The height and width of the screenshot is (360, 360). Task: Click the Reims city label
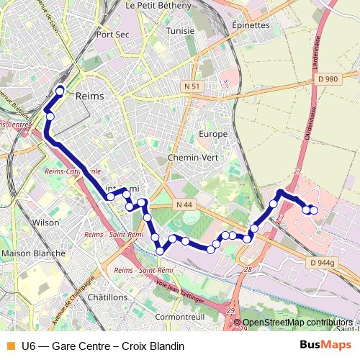tap(89, 96)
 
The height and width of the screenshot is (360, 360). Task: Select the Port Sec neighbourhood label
tap(112, 34)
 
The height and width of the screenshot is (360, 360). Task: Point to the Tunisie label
tap(180, 32)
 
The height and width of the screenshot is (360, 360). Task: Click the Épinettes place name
tap(251, 24)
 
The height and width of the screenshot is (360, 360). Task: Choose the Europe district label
tap(213, 134)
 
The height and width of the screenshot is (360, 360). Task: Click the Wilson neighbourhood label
tap(46, 223)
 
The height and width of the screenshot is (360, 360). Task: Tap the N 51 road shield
tap(192, 86)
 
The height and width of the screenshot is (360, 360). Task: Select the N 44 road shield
tap(184, 205)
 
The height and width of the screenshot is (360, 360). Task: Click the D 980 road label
tap(326, 79)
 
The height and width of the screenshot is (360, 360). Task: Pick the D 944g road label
tap(323, 264)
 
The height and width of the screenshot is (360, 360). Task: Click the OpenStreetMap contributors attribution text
tap(298, 323)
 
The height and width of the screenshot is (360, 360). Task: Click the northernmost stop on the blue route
tap(60, 91)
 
